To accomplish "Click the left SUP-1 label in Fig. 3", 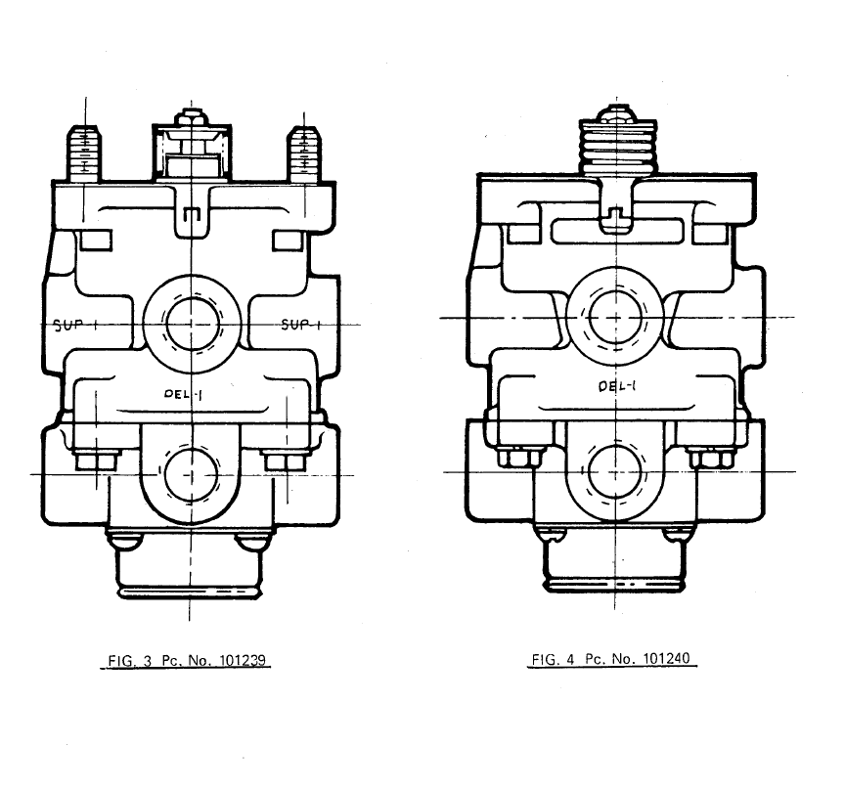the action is [x=75, y=325].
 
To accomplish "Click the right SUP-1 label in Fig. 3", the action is [x=301, y=325].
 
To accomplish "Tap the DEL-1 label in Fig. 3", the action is [x=183, y=394].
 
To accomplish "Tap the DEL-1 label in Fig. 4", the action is [x=617, y=386].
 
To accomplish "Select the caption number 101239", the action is [x=243, y=660].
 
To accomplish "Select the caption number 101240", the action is [x=667, y=659].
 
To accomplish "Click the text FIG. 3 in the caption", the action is [x=130, y=661].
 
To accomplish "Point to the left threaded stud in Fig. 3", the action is [x=84, y=154].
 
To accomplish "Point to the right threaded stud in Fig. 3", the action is [x=304, y=154].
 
